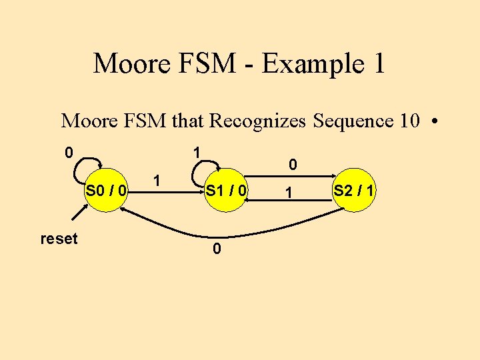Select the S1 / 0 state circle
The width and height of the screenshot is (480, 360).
226,192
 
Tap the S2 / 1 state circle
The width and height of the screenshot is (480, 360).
354,192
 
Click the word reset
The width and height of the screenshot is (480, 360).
59,238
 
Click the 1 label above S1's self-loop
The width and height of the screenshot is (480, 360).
197,153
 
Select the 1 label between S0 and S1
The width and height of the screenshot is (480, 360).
156,180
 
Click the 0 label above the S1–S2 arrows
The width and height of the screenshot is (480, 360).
291,163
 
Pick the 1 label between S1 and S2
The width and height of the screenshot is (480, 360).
288,193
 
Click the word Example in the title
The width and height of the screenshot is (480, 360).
307,64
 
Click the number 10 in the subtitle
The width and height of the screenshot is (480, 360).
409,121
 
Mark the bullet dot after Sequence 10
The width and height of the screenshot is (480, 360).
434,122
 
